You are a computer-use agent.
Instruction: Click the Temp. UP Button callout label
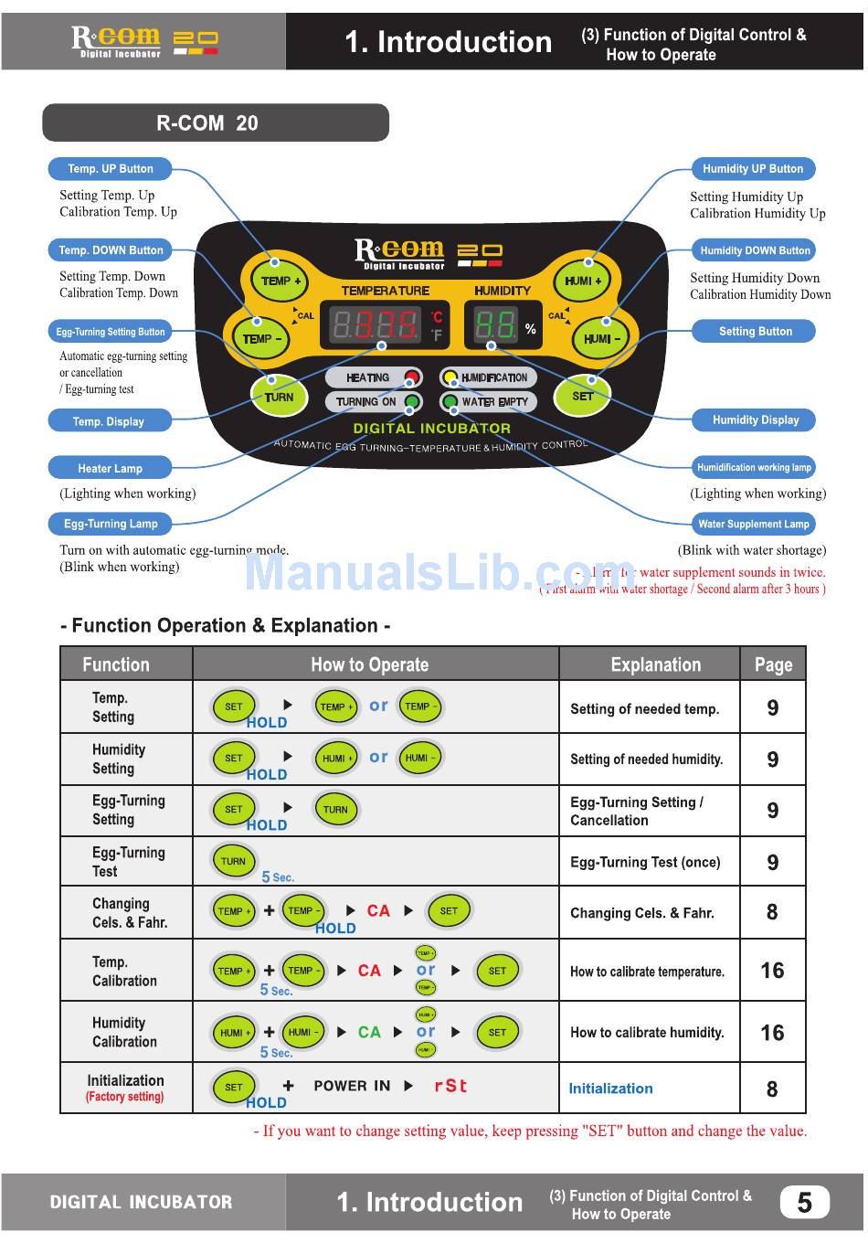pos(110,169)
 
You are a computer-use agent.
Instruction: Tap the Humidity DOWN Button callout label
pos(755,250)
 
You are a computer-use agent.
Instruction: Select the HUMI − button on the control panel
pos(601,338)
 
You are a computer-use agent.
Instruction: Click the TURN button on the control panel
pos(279,397)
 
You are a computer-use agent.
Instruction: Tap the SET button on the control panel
pos(582,396)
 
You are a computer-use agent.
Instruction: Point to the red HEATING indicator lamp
pos(411,377)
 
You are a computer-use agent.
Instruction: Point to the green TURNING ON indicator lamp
pos(412,402)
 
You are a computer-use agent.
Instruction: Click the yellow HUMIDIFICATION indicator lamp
pos(450,377)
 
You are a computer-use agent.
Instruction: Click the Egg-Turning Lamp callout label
pos(111,524)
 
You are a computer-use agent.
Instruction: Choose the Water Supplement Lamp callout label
pos(753,525)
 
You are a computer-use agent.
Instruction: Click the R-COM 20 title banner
pos(216,123)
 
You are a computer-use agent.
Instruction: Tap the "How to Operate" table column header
pos(369,664)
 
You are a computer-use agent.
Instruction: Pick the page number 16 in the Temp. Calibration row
pos(772,971)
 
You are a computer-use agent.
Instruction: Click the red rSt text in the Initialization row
pos(450,1086)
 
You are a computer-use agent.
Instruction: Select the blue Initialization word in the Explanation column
pos(610,1089)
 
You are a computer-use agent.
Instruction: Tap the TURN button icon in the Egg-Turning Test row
pos(233,861)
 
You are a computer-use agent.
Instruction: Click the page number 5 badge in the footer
pos(804,1202)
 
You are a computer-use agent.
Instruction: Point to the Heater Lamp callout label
pos(110,469)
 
